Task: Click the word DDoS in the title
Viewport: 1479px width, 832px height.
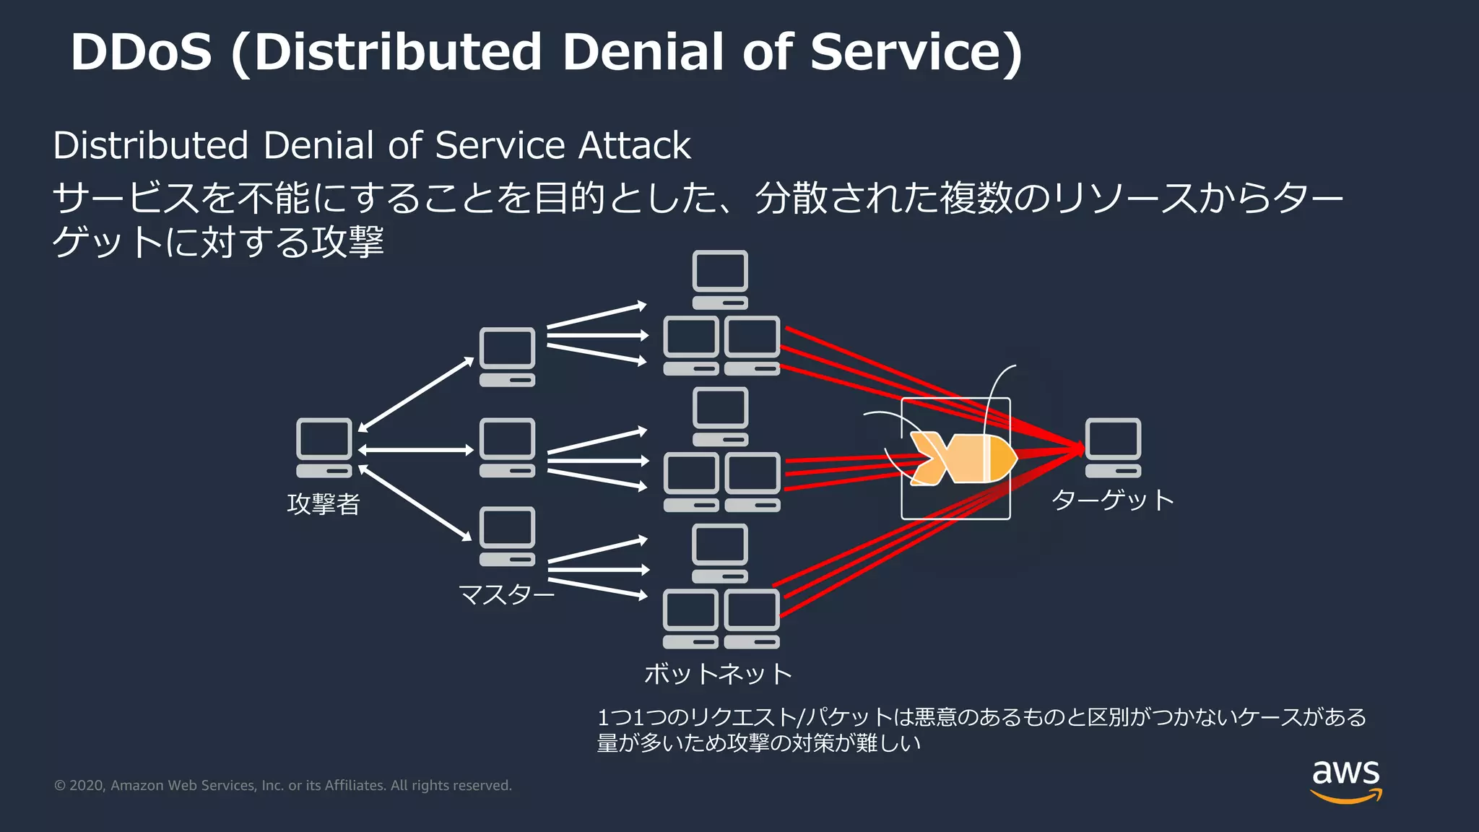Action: tap(142, 53)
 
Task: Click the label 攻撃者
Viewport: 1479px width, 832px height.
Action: tap(324, 504)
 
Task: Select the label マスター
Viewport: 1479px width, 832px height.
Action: tap(506, 595)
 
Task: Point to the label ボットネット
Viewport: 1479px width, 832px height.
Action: tap(718, 674)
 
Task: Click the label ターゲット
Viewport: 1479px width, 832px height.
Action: tap(1112, 500)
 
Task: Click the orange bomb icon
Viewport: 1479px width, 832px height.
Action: tap(963, 459)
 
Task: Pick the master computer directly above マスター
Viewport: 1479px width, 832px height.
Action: tap(507, 537)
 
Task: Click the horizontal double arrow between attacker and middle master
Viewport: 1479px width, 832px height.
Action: tap(415, 450)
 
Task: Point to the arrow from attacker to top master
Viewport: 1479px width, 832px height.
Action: tap(415, 394)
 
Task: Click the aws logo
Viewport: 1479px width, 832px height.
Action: tap(1345, 781)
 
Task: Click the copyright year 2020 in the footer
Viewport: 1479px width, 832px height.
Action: tap(87, 786)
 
